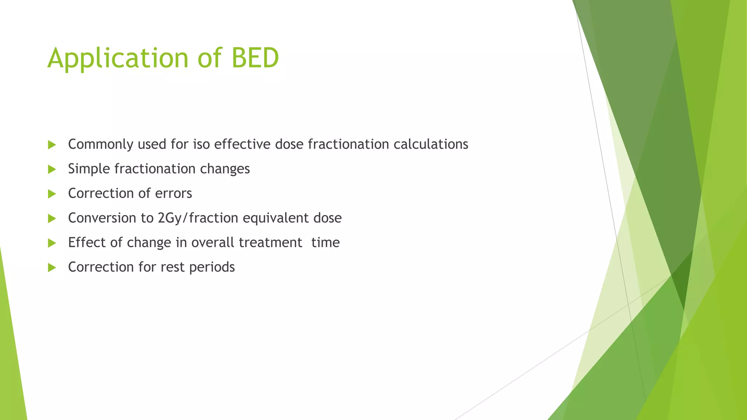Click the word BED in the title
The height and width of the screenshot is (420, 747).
coord(255,58)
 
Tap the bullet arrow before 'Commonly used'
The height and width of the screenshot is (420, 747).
coord(52,145)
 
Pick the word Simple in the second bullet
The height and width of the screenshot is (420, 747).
coord(89,169)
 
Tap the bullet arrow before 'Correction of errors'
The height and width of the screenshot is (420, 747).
coord(52,194)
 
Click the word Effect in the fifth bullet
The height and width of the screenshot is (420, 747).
coord(84,242)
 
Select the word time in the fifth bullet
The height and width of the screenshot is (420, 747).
coord(325,242)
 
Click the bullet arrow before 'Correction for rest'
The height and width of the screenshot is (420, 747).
coord(52,268)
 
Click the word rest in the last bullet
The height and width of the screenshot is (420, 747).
coord(173,267)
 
